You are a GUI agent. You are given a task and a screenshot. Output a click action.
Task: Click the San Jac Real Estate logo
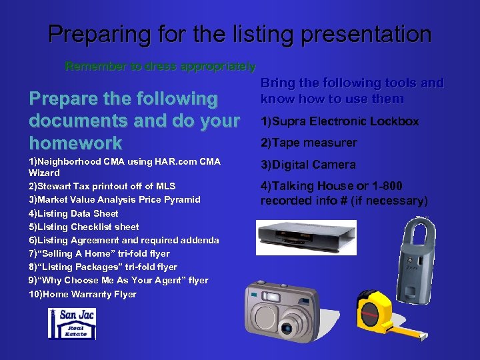[71, 323]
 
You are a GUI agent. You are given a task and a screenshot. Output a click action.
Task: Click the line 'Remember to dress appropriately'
[160, 67]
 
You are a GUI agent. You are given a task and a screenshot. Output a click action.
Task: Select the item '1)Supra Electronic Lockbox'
[339, 121]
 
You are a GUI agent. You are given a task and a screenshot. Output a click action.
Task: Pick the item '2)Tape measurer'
[309, 143]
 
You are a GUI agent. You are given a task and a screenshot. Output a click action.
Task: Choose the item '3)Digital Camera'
[308, 165]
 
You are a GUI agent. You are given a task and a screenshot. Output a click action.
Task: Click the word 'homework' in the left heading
[75, 143]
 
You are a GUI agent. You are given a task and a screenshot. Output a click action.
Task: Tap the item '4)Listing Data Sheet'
[73, 213]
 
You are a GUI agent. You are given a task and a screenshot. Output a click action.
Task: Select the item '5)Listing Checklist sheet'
[83, 227]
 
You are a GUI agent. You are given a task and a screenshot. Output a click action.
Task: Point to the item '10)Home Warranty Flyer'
[83, 294]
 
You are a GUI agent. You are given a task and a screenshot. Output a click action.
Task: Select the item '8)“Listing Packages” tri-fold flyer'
[103, 267]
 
